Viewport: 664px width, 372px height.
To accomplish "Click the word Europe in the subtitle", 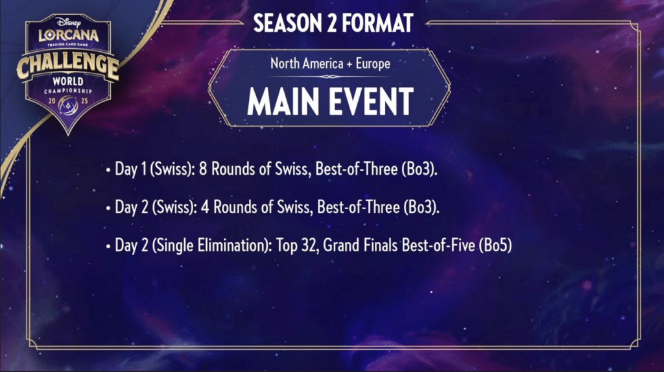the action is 373,64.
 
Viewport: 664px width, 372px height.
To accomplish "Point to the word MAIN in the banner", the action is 283,102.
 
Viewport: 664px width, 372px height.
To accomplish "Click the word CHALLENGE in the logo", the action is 67,65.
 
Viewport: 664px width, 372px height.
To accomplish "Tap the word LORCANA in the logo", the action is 68,35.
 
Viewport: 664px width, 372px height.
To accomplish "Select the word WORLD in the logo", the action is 67,81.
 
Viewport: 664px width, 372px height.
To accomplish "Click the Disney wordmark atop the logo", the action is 69,22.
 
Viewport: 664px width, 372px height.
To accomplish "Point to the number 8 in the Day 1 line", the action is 203,169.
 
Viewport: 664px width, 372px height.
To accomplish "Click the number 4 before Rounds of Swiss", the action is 205,207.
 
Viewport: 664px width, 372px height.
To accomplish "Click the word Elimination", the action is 234,245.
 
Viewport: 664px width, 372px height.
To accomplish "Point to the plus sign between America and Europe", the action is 350,64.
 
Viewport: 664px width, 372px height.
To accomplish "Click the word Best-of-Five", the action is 438,245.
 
